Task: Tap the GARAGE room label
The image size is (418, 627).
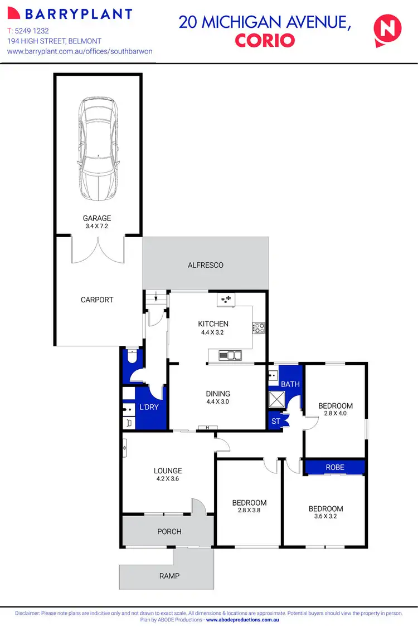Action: tap(98, 218)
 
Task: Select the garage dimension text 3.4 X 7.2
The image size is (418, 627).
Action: tap(98, 227)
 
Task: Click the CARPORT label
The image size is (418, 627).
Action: tap(97, 300)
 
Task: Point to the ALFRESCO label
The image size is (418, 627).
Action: tap(206, 265)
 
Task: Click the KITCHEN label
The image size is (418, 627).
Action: tap(213, 324)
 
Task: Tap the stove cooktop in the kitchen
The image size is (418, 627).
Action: tap(259, 328)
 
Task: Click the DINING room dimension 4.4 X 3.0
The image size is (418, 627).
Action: tap(217, 401)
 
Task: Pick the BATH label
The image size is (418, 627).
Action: tap(290, 384)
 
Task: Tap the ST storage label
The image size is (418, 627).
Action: tap(275, 422)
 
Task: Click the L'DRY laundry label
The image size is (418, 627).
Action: tap(149, 407)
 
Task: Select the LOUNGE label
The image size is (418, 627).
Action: tap(169, 471)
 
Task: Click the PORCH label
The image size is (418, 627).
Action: tap(169, 531)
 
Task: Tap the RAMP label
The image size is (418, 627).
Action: tap(169, 576)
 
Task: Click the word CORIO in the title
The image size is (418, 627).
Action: tap(264, 41)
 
